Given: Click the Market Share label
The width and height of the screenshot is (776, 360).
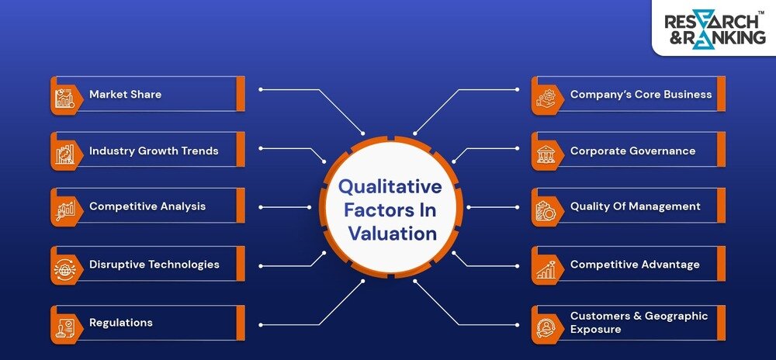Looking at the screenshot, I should pyautogui.click(x=125, y=95).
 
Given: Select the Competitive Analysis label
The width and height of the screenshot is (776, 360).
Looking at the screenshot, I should pyautogui.click(x=147, y=206).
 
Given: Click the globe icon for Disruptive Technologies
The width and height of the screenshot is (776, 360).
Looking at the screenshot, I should pyautogui.click(x=64, y=265).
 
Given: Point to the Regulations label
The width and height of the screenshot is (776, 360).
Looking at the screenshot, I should pyautogui.click(x=120, y=323).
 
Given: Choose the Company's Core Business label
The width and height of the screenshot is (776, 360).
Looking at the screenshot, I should pyautogui.click(x=640, y=95).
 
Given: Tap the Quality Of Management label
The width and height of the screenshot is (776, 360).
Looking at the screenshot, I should pyautogui.click(x=635, y=206).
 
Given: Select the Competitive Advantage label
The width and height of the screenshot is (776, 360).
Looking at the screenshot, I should pyautogui.click(x=634, y=265).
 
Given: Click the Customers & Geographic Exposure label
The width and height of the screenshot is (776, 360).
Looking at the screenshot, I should pyautogui.click(x=639, y=322).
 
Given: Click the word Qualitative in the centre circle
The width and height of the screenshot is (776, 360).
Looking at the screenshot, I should pyautogui.click(x=390, y=187).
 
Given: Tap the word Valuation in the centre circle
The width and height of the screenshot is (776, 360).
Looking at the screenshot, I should pyautogui.click(x=392, y=234).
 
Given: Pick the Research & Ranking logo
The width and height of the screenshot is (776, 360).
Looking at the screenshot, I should pyautogui.click(x=714, y=29).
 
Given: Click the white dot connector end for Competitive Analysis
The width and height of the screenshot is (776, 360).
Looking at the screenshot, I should pyautogui.click(x=260, y=207).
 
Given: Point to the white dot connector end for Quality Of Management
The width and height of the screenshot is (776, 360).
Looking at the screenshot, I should pyautogui.click(x=516, y=207).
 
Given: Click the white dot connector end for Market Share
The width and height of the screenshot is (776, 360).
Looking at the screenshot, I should pyautogui.click(x=260, y=89).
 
